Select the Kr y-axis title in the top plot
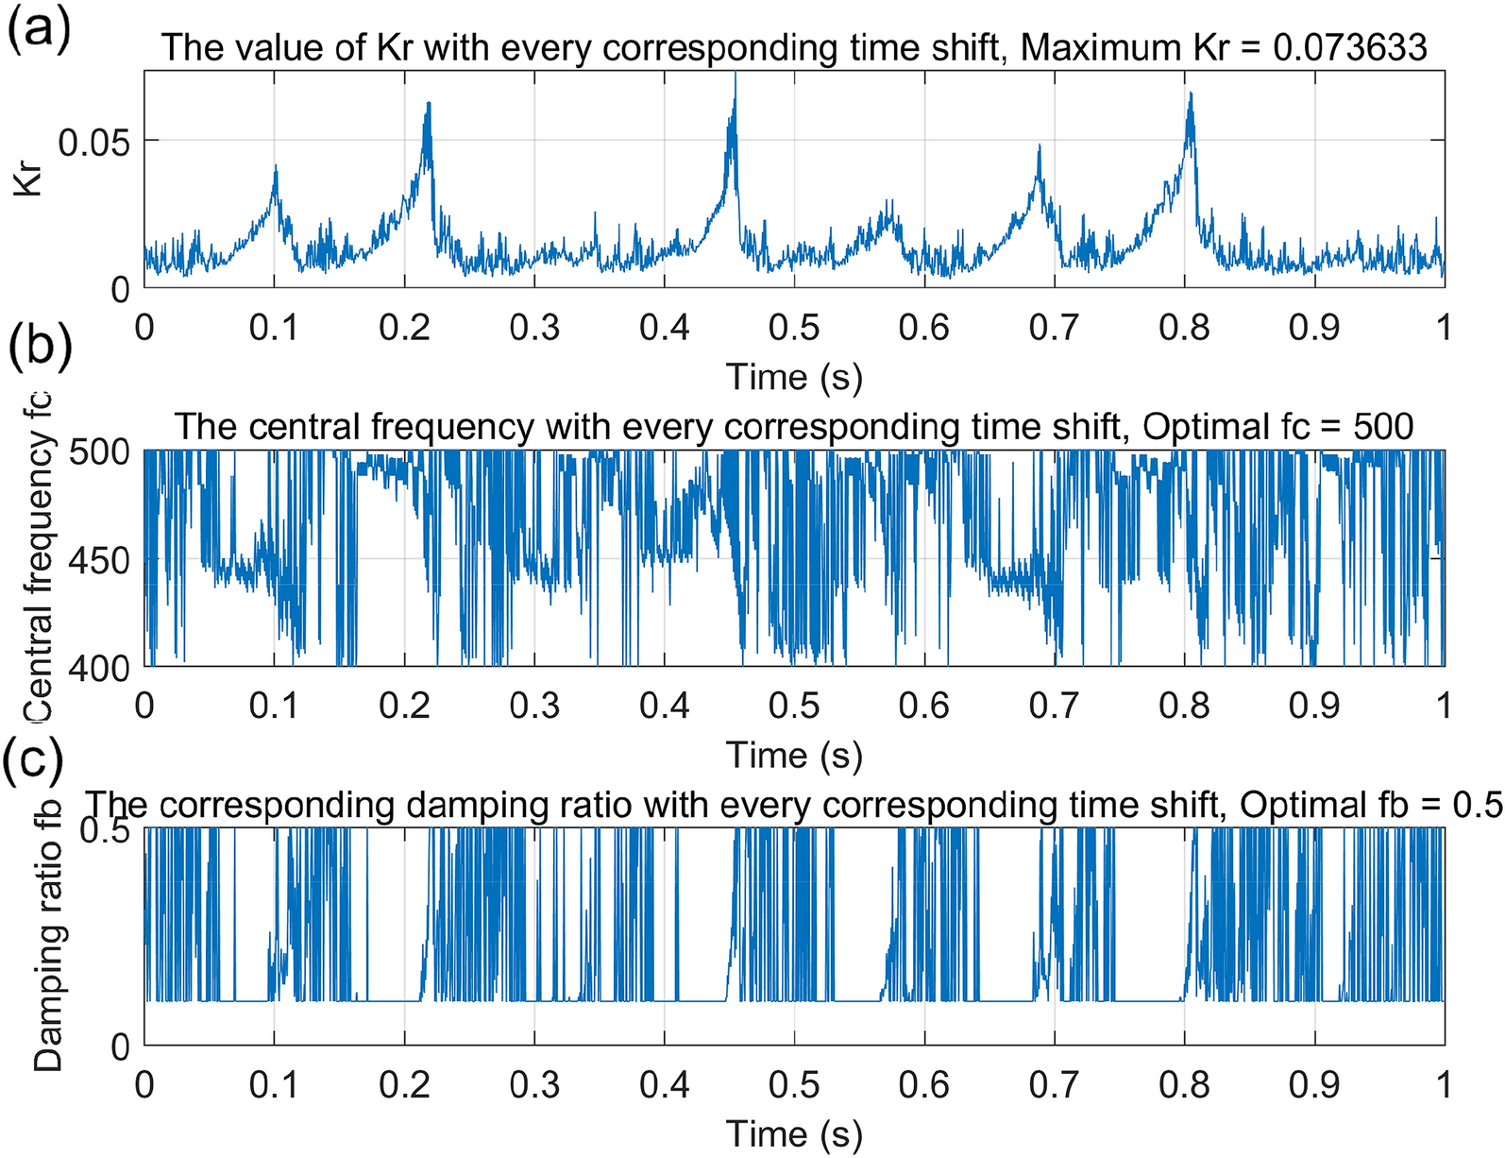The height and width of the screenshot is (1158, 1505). pyautogui.click(x=30, y=179)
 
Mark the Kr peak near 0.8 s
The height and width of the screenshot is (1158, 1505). pyautogui.click(x=1191, y=95)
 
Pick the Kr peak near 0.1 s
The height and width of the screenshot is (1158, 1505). pyautogui.click(x=276, y=167)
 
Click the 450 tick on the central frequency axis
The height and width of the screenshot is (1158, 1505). pyautogui.click(x=100, y=560)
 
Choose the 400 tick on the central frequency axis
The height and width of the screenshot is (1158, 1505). pyautogui.click(x=100, y=667)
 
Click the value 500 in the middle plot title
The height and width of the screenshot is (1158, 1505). pyautogui.click(x=1382, y=427)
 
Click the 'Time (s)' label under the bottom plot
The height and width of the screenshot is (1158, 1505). pyautogui.click(x=794, y=1133)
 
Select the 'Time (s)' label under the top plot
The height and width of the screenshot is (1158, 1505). pyautogui.click(x=794, y=376)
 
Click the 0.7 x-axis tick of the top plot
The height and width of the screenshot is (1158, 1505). pyautogui.click(x=1054, y=328)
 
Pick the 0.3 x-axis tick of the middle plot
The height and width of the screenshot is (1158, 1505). pyautogui.click(x=534, y=707)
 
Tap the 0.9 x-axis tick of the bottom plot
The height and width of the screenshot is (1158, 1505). pyautogui.click(x=1314, y=1085)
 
